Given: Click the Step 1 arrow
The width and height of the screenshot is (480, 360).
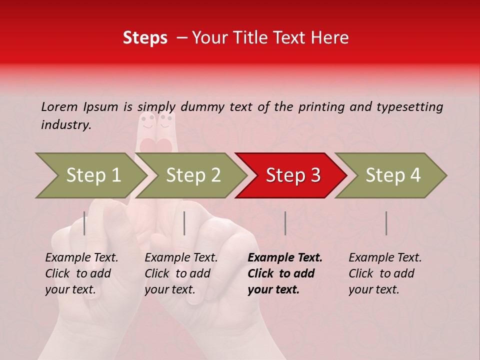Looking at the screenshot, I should [x=92, y=175].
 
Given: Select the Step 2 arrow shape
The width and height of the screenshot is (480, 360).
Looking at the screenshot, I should [x=192, y=175].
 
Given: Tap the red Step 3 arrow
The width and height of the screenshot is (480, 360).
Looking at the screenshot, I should [x=292, y=175].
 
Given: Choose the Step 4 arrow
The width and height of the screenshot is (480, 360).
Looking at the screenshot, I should [x=392, y=175].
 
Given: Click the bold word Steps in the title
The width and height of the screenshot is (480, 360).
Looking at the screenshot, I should [x=145, y=38].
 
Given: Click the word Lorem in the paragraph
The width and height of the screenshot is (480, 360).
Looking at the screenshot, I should [x=59, y=106].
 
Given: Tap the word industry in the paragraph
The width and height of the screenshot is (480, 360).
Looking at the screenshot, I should [x=65, y=124].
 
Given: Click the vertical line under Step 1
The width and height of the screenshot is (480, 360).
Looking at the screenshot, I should [x=84, y=223].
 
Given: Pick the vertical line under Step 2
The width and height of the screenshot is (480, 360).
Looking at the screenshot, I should [x=184, y=223].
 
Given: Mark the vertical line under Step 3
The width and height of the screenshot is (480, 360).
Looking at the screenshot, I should [x=285, y=223].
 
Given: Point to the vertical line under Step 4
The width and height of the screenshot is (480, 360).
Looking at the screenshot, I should [x=386, y=223].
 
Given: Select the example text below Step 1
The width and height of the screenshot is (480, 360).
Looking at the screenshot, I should [x=81, y=273].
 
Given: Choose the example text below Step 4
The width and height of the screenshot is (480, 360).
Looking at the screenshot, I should [x=385, y=273].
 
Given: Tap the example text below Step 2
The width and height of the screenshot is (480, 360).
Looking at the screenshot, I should [x=181, y=273].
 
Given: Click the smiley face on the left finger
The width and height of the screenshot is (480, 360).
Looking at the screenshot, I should [x=147, y=121].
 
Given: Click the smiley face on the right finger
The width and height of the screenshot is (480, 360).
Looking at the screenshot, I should [x=166, y=120].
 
